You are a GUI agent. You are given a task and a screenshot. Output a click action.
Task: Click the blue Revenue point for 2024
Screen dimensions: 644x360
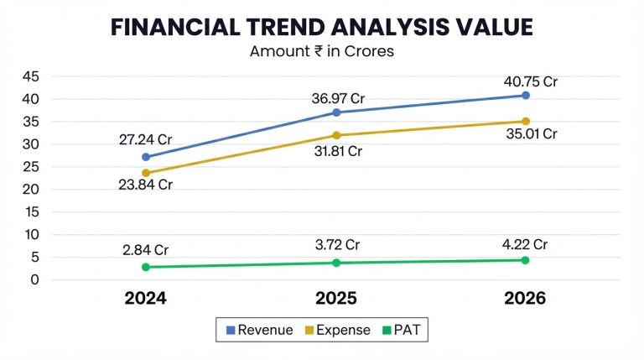tap(146, 157)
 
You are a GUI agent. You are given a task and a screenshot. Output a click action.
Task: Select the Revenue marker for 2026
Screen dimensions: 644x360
tap(525, 96)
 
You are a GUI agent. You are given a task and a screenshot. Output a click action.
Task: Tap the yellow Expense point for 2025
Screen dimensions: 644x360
tap(336, 135)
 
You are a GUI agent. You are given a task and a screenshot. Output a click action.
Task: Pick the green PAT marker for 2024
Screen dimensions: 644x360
tap(146, 267)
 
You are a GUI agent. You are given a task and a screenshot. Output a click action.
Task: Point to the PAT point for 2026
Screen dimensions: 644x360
tap(525, 260)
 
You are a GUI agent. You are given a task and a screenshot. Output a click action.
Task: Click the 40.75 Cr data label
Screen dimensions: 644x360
tap(531, 81)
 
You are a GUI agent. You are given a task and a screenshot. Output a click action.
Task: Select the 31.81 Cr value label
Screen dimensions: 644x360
tap(338, 151)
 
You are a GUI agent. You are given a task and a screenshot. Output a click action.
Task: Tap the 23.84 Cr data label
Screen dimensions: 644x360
tap(145, 185)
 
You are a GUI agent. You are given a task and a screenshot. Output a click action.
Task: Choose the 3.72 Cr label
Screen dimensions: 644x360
tap(337, 245)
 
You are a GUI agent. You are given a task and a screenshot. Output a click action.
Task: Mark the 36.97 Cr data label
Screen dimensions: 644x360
tap(338, 99)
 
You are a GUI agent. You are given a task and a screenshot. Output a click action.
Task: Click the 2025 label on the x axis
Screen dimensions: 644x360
tap(336, 299)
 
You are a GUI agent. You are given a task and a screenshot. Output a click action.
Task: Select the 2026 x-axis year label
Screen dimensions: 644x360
tap(525, 299)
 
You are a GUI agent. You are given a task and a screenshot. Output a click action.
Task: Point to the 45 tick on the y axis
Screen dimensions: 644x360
tap(31, 76)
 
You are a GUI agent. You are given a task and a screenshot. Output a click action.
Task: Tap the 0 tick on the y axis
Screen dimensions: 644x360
tap(35, 280)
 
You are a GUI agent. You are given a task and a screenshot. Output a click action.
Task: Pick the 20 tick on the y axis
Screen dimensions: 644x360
tap(31, 190)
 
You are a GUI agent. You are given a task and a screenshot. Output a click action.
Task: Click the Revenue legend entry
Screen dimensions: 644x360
tap(260, 330)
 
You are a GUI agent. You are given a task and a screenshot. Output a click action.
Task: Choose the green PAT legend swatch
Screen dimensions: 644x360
tap(387, 330)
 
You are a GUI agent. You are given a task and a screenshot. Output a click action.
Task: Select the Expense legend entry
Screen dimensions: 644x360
tap(337, 330)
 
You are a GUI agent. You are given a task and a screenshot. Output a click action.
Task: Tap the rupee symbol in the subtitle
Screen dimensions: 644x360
tap(319, 51)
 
